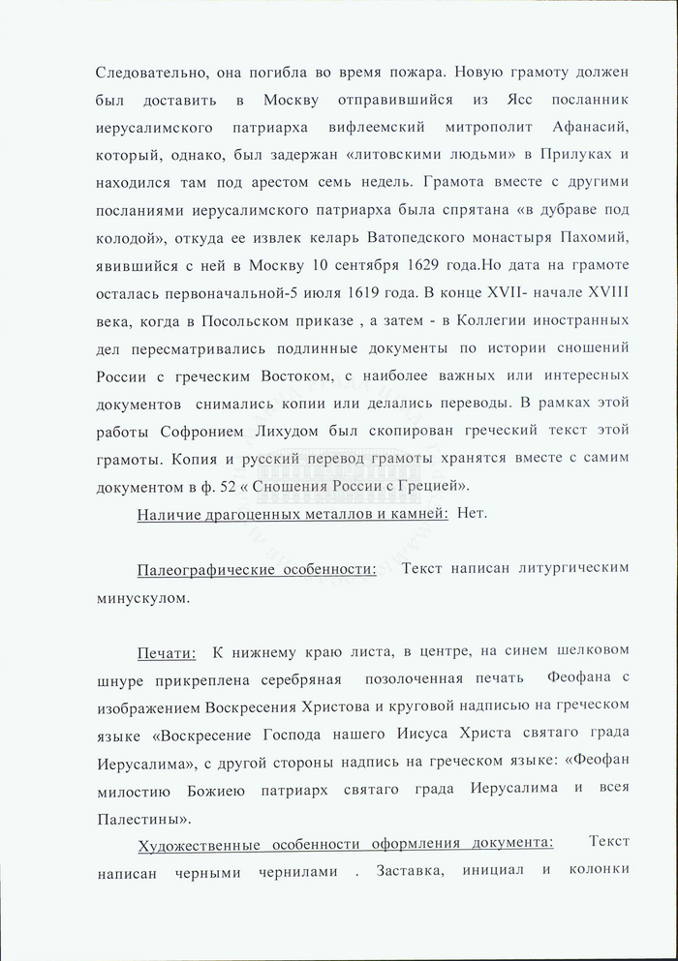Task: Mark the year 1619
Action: coord(468,291)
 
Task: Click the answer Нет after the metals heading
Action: coord(472,513)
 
